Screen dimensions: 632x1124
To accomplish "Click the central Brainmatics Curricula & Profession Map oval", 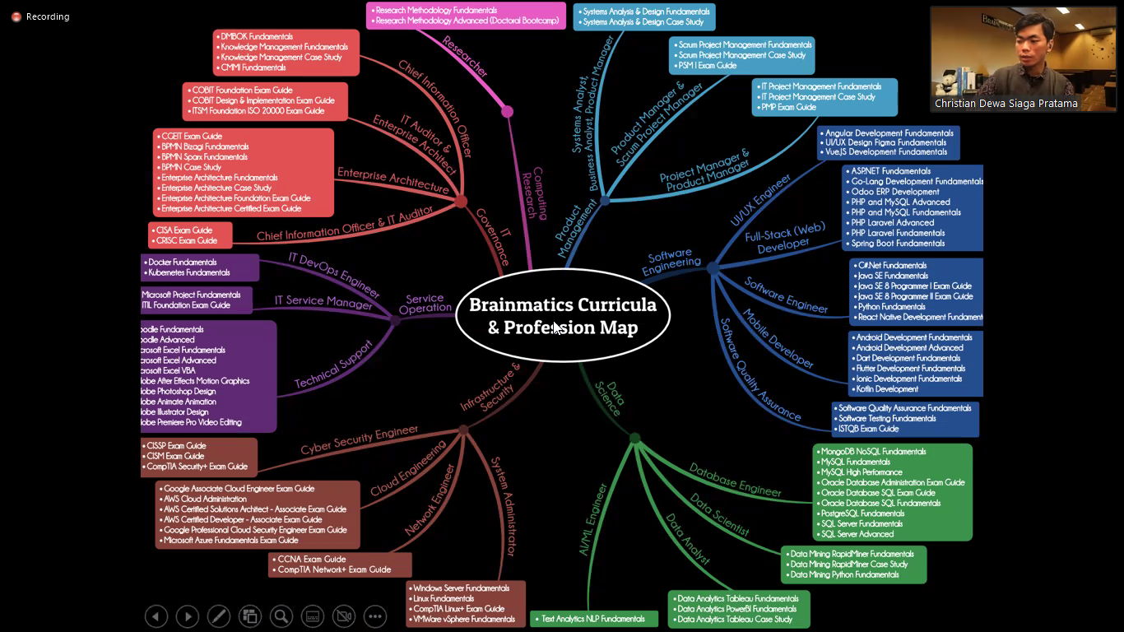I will [563, 315].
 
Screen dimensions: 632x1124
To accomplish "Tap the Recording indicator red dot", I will [16, 16].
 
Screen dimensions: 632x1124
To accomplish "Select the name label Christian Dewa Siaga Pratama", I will [1006, 104].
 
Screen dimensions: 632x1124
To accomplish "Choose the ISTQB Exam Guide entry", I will [868, 429].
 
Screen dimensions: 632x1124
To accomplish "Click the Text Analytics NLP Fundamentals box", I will [593, 619].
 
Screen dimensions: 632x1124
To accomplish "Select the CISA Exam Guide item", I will [187, 230].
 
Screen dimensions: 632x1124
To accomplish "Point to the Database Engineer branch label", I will [735, 480].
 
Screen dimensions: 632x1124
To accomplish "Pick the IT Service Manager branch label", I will [323, 302].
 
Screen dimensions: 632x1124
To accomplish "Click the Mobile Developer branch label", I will [778, 339].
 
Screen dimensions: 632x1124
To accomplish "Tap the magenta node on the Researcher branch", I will [507, 111].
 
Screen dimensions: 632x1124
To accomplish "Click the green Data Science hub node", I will [634, 439].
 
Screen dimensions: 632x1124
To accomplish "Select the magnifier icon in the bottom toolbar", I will [281, 616].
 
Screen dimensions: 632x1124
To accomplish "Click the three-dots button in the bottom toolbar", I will [374, 616].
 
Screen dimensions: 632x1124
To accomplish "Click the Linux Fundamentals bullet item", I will [444, 598].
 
